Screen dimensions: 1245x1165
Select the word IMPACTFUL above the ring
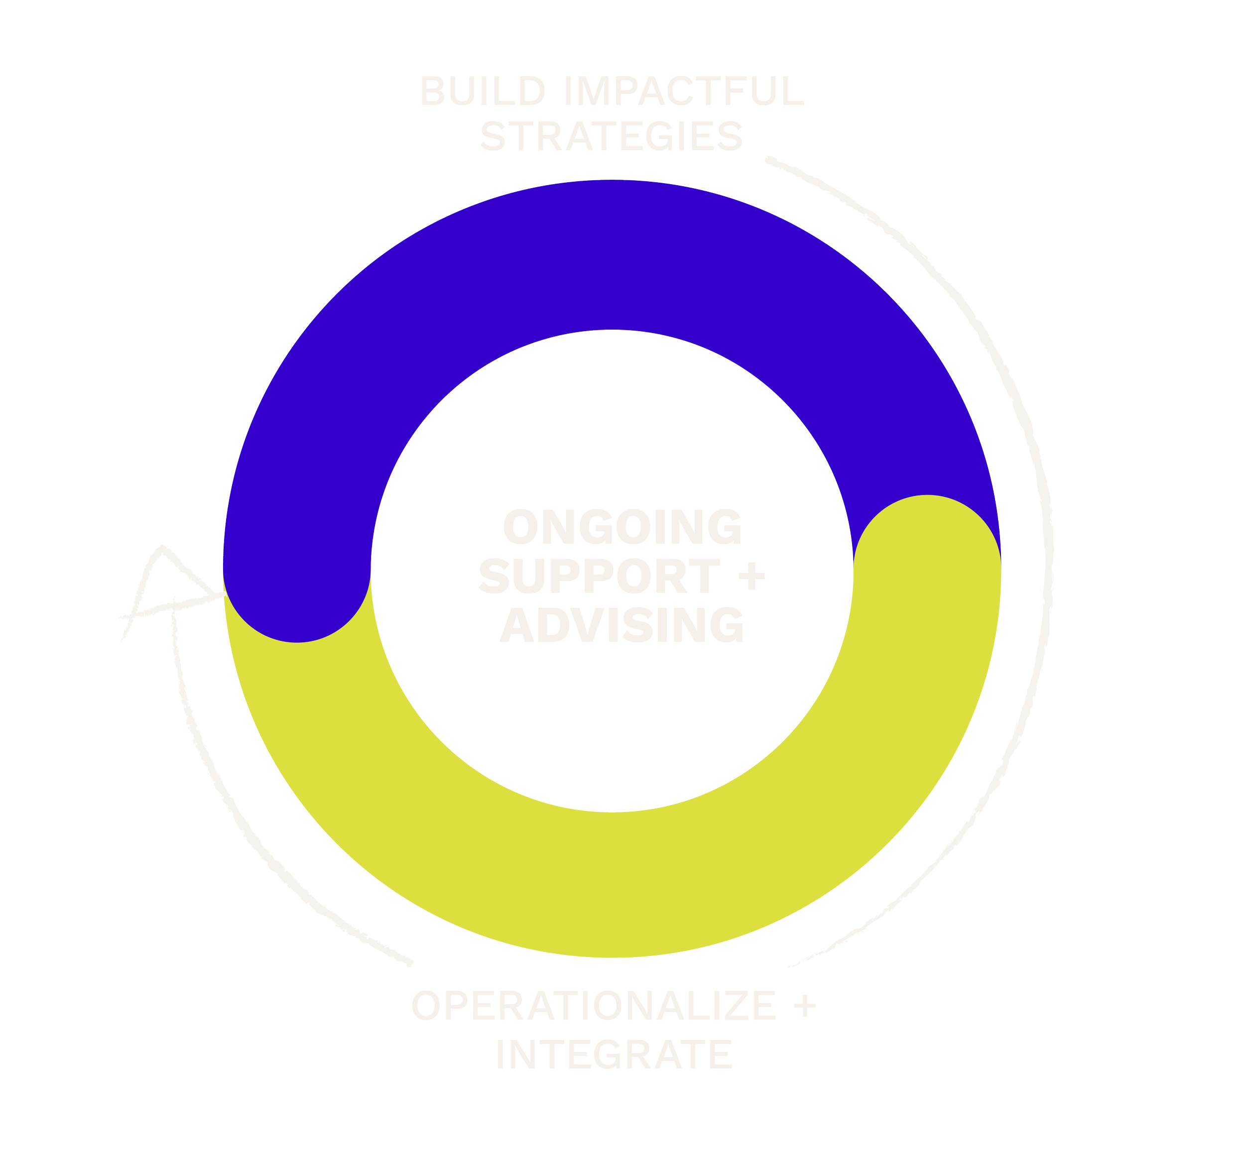[x=683, y=92]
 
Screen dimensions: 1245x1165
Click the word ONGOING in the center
[x=622, y=527]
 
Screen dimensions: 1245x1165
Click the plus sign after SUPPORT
[x=752, y=576]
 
